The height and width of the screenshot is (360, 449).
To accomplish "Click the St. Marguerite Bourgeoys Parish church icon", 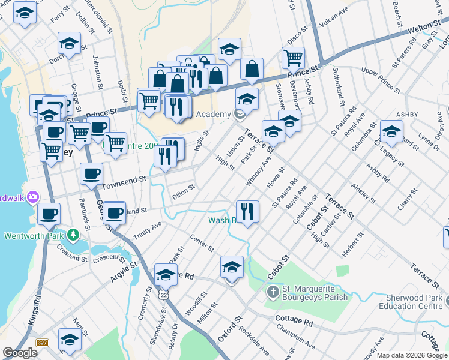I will click(x=273, y=292).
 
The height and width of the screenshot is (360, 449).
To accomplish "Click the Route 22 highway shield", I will click(x=163, y=295).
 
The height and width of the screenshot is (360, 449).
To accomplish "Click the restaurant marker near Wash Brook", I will click(x=247, y=211).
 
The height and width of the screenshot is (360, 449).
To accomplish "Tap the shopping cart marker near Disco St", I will click(x=293, y=58).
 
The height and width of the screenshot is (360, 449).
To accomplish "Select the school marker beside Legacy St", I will click(x=391, y=131).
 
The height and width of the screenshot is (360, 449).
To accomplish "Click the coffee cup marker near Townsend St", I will click(x=92, y=174).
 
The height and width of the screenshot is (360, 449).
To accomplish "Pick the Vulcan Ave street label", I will click(x=334, y=13).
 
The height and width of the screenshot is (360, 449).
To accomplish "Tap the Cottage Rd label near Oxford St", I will click(x=294, y=319).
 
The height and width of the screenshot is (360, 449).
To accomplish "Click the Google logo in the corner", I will click(x=19, y=353).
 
